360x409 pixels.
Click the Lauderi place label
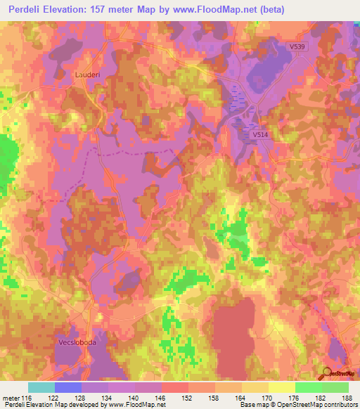[x=86, y=73]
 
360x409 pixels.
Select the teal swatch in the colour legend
[x=41, y=387]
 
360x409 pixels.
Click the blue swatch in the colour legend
[x=68, y=387]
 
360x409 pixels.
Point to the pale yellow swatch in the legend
[x=281, y=387]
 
